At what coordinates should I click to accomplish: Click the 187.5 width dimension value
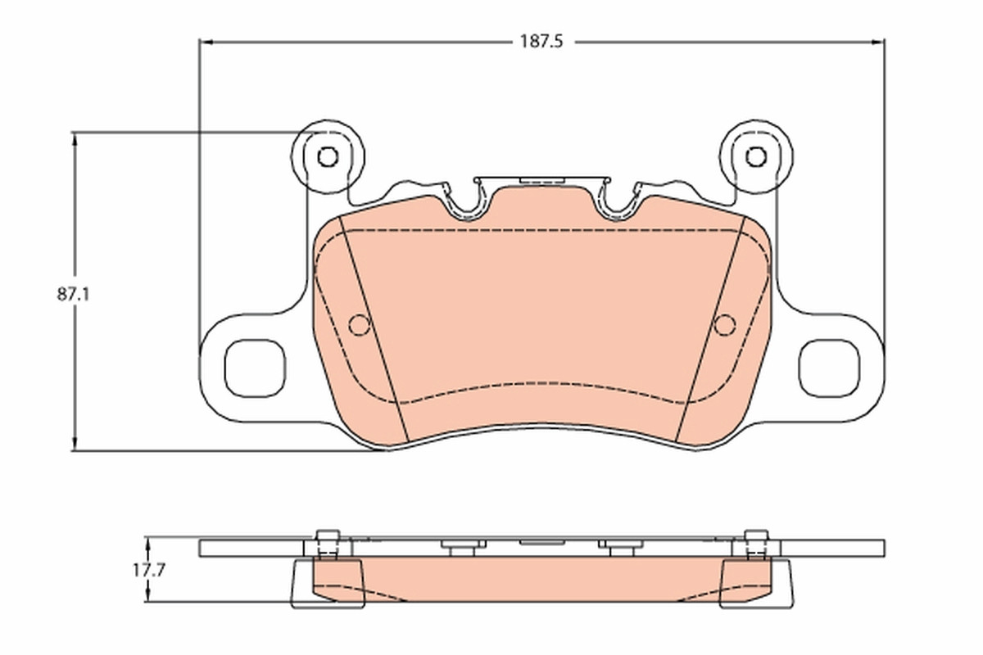541,42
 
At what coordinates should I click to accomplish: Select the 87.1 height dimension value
73,295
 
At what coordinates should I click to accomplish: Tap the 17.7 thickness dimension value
149,571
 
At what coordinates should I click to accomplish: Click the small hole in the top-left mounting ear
328,156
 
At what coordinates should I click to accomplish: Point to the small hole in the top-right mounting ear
756,156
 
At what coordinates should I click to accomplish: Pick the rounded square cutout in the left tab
255,368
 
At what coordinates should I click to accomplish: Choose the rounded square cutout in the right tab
829,368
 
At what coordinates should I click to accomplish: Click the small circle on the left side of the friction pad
360,325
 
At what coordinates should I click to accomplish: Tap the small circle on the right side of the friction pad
725,325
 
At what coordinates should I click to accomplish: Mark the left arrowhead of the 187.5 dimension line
206,42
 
